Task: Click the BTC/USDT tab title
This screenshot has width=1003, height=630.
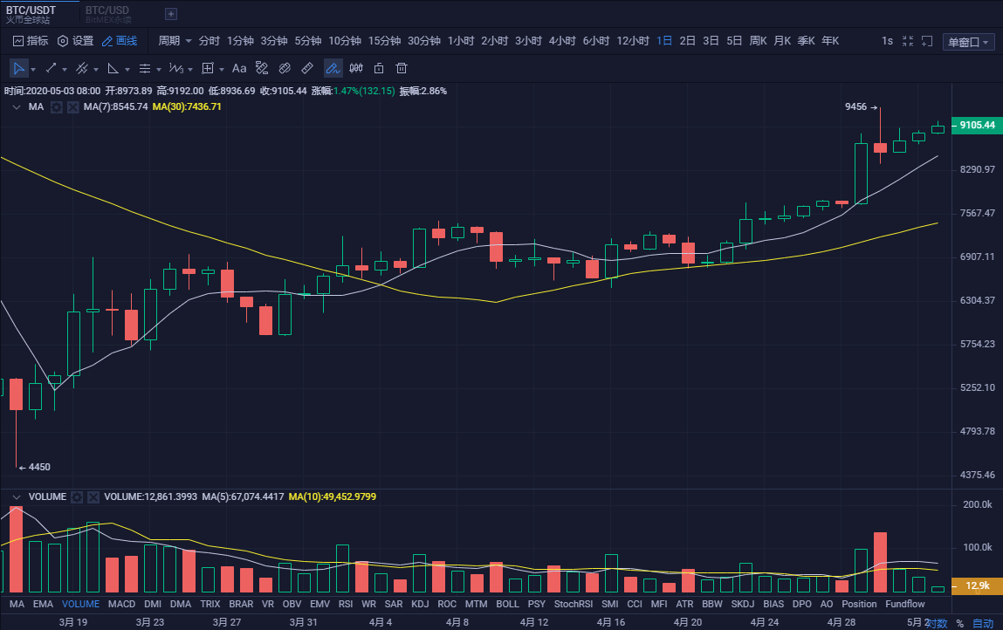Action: pos(31,10)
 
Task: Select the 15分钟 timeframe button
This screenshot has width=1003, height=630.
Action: pos(384,41)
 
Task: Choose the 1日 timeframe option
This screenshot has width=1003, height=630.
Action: pos(664,41)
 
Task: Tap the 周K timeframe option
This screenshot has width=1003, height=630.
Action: pos(758,41)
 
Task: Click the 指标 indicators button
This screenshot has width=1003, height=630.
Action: pos(31,41)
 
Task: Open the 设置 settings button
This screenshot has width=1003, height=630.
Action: pos(75,41)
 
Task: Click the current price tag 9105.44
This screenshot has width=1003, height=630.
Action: pos(977,125)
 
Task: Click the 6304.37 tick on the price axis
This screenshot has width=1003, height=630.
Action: pos(977,300)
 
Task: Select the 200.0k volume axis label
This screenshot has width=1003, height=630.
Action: pos(976,505)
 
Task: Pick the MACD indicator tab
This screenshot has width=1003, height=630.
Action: pos(121,604)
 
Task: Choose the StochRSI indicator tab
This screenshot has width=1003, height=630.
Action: pos(573,604)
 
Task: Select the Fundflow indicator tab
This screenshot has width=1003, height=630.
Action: pos(904,604)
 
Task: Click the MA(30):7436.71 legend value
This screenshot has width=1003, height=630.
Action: pos(187,106)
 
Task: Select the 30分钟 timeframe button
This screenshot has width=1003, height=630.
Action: pos(424,41)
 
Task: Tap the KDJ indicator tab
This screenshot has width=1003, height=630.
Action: pos(420,604)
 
